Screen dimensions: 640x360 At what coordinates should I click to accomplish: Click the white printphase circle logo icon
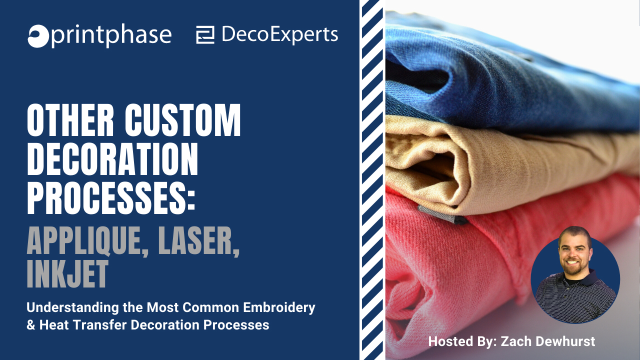coord(38,36)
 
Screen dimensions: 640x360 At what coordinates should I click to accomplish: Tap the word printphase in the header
coord(111,35)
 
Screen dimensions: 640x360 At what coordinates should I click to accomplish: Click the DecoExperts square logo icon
coord(205,35)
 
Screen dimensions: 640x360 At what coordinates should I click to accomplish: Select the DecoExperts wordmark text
coord(279,35)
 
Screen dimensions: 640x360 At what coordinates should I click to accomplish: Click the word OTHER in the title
coord(70,120)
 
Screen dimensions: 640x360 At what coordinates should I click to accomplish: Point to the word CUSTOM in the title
coord(183,120)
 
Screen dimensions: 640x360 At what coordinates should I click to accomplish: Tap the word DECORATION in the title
coord(112,159)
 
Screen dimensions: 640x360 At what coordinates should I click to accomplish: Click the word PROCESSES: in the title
coord(111,198)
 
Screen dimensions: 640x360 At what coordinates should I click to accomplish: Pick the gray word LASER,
coord(199,240)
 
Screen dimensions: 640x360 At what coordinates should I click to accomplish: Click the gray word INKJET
coord(67,273)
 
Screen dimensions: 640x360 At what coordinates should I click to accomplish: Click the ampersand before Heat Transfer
coord(30,325)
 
